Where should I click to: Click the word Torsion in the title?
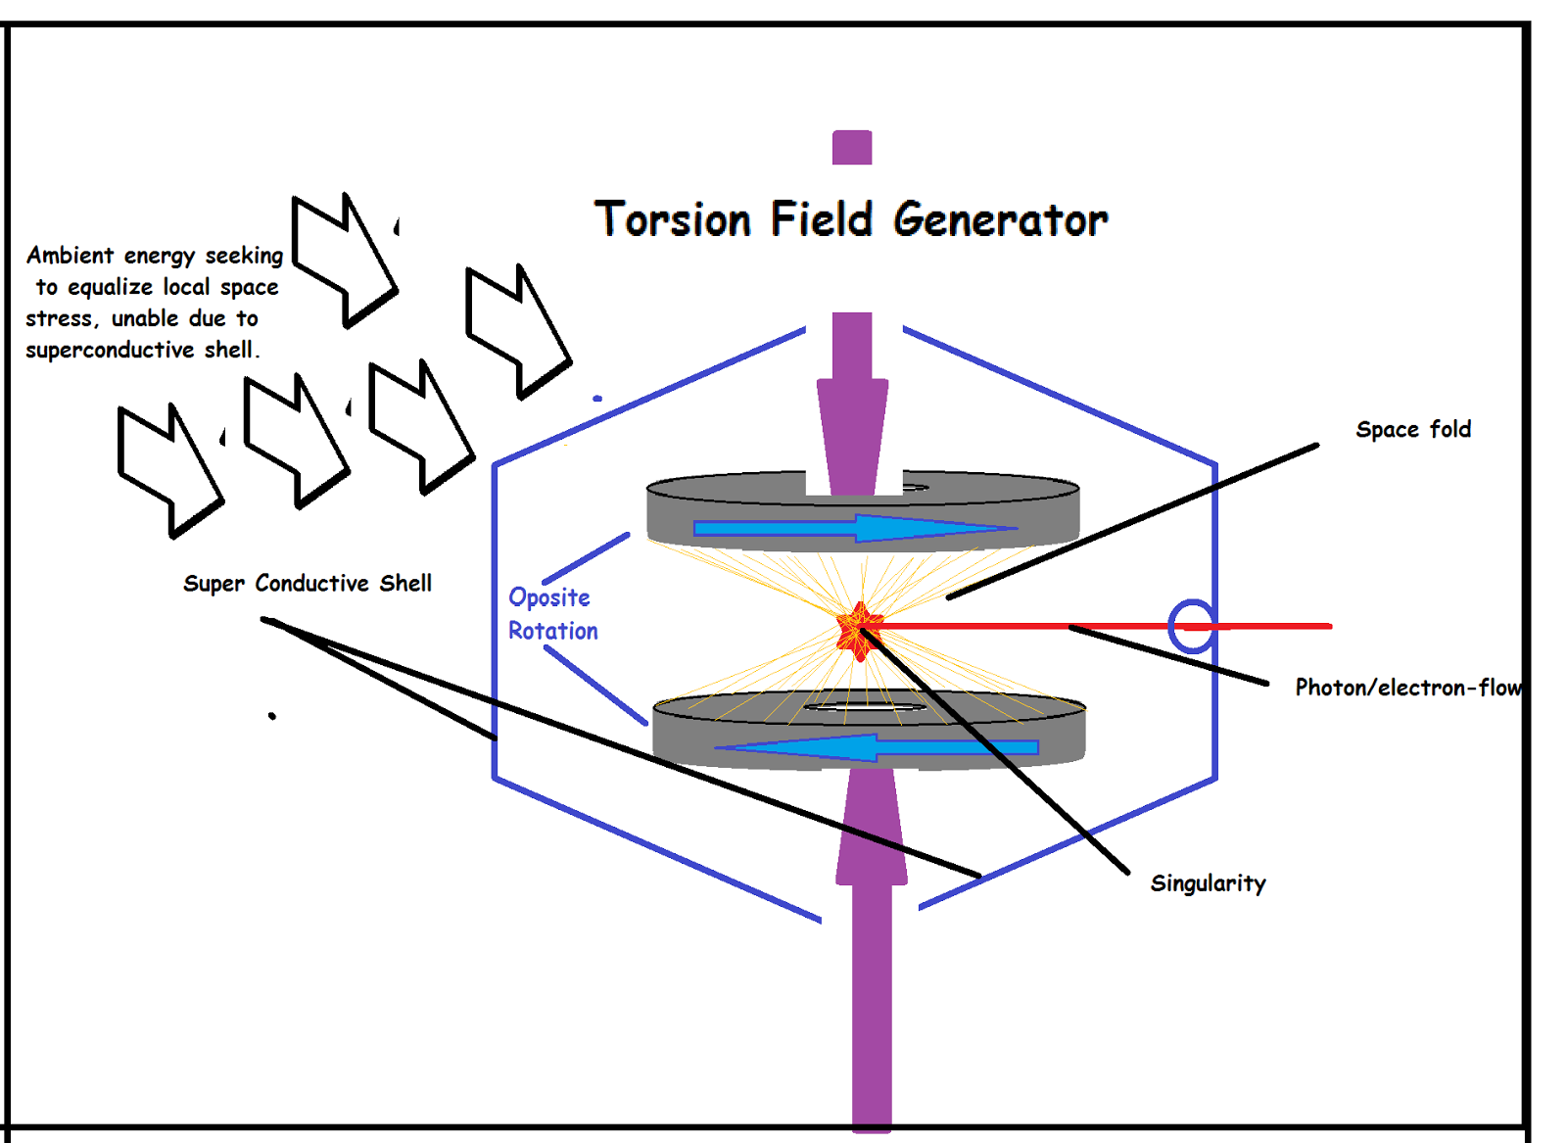point(673,219)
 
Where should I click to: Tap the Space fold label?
point(1412,429)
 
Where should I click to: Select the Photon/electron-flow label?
point(1407,688)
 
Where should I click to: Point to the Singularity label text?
point(1208,883)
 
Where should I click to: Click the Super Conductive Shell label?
point(308,584)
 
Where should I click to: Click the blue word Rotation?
point(552,631)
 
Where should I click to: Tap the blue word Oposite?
point(548,597)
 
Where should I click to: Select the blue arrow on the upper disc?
point(852,529)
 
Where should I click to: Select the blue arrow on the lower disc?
point(877,747)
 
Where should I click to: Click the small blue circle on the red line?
point(1192,626)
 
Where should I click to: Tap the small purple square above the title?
point(852,148)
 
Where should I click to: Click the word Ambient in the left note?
point(70,256)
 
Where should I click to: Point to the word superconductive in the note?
point(110,350)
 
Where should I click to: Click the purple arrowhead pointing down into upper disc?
point(852,431)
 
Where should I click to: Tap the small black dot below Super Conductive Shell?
point(272,716)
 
